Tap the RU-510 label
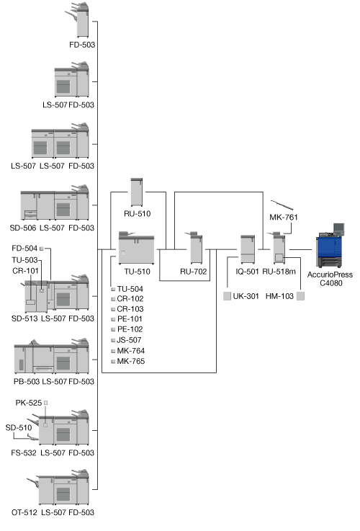click(137, 214)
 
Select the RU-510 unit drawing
click(137, 192)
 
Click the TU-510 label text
click(137, 272)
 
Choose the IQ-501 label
click(247, 272)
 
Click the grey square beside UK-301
click(227, 296)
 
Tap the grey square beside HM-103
click(300, 296)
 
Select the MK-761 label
click(284, 217)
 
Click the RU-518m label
click(279, 272)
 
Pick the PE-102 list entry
click(130, 329)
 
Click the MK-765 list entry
click(131, 362)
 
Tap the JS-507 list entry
click(130, 340)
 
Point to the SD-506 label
click(22, 228)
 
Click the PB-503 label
click(27, 382)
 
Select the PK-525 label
click(29, 403)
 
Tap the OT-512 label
click(24, 513)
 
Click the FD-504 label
click(24, 249)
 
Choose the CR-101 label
click(25, 271)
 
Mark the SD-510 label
click(19, 428)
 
